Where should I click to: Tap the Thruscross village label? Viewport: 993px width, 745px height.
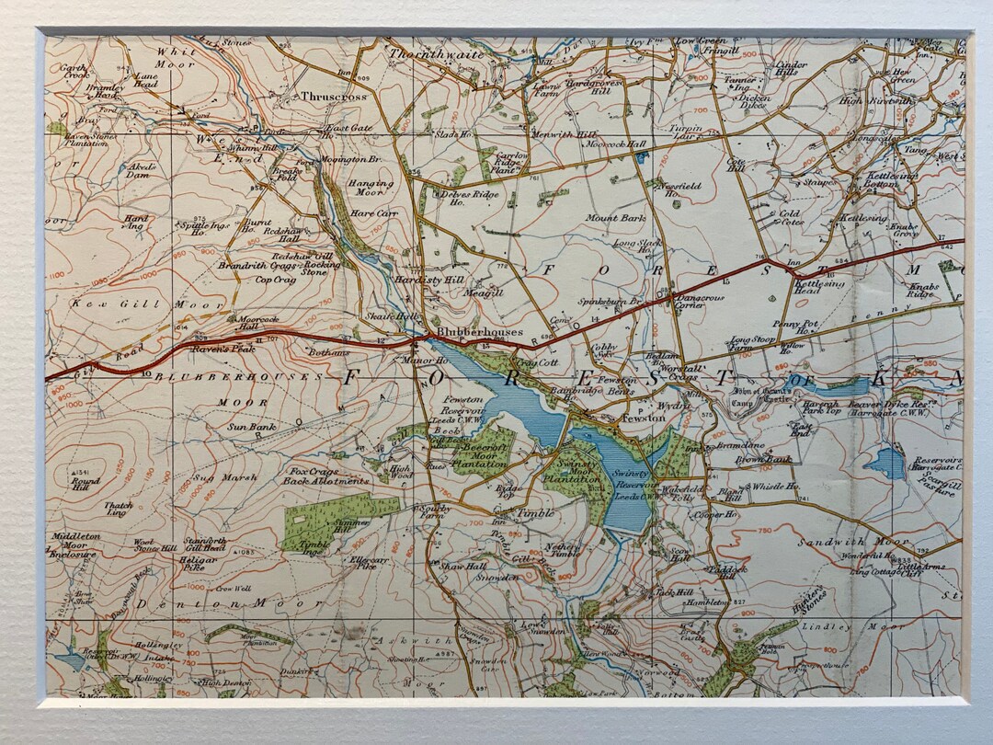[x=333, y=96]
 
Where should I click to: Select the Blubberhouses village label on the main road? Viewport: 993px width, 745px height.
[x=479, y=332]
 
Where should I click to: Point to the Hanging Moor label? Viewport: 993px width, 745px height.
[x=371, y=189]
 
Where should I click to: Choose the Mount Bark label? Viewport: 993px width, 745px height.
[x=615, y=219]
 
